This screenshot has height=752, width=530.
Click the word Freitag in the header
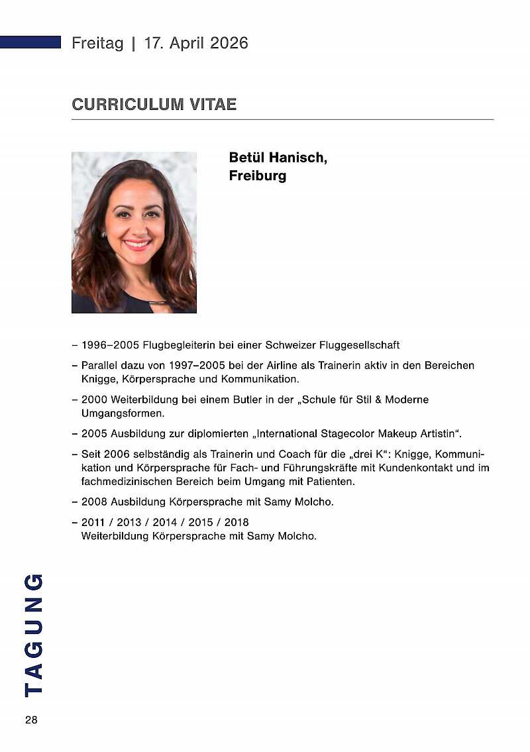click(97, 44)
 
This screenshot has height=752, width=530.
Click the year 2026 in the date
click(229, 44)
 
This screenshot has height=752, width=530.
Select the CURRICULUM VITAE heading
click(154, 105)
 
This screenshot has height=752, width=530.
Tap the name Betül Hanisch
click(278, 158)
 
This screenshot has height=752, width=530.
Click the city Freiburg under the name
click(257, 176)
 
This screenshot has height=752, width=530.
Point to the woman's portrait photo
click(134, 232)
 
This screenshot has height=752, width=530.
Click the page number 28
click(31, 720)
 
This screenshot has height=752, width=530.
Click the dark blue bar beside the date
click(30, 42)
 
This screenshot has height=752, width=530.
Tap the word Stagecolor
click(345, 434)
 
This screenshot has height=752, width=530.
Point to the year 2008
click(95, 502)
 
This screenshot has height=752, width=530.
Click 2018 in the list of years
click(237, 522)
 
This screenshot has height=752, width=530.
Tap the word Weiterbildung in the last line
click(114, 535)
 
